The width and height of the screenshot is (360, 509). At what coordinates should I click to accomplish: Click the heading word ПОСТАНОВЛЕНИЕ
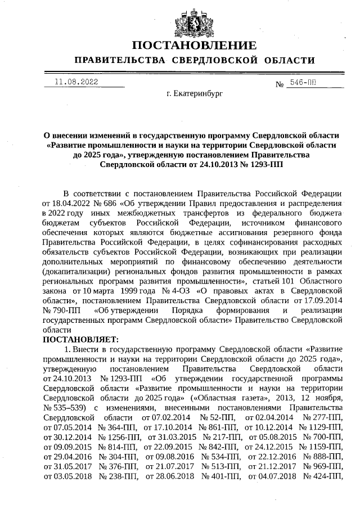pyautogui.click(x=194, y=46)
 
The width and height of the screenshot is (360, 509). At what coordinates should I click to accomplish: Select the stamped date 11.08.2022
pyautogui.click(x=76, y=82)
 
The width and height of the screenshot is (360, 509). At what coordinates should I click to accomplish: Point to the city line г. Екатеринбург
pyautogui.click(x=194, y=93)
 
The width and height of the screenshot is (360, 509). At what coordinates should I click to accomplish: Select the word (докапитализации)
pyautogui.click(x=74, y=271)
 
